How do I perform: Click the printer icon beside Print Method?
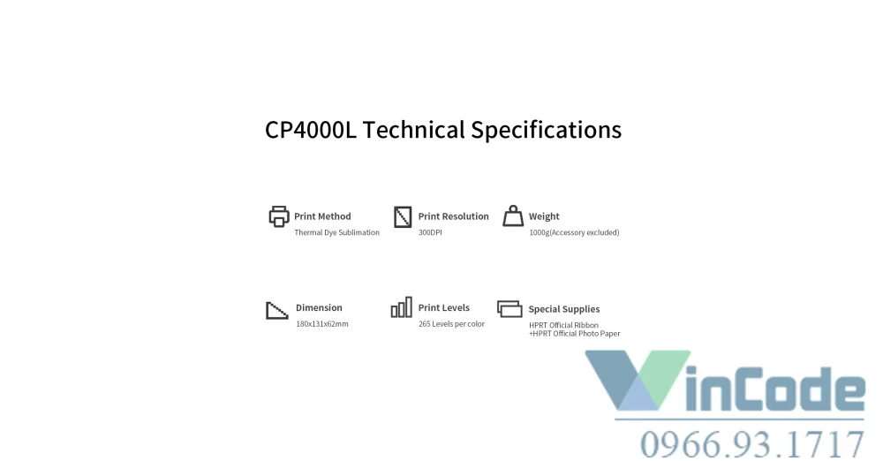(279, 216)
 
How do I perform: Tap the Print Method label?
(322, 216)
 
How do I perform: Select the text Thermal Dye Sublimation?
(336, 232)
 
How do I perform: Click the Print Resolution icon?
(403, 217)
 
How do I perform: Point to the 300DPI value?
(430, 232)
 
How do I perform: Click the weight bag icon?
(513, 215)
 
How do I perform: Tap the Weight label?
(544, 216)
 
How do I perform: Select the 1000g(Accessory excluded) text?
(574, 232)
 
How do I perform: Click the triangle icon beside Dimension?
(277, 311)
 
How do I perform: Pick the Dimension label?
(319, 307)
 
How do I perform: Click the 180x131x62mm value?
(322, 323)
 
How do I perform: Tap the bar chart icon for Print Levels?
(402, 307)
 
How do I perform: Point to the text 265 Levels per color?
(451, 323)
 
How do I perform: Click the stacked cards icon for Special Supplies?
(509, 309)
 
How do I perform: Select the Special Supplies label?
(563, 309)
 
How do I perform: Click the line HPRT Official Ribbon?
(563, 325)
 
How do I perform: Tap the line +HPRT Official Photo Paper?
(575, 334)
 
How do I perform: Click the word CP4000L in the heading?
(311, 130)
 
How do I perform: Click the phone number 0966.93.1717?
(752, 444)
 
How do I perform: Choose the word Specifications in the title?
(547, 130)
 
